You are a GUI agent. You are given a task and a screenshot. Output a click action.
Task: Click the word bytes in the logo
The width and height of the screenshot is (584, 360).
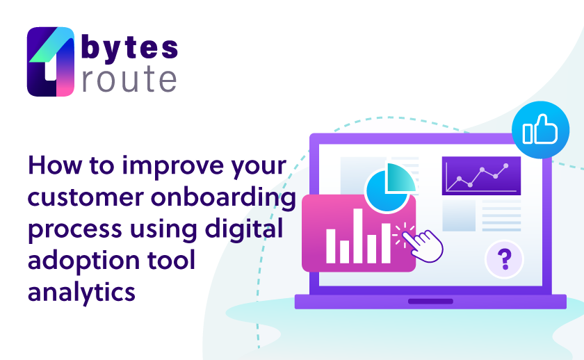click(x=129, y=49)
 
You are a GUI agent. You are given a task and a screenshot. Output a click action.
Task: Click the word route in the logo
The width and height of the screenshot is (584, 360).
click(x=129, y=79)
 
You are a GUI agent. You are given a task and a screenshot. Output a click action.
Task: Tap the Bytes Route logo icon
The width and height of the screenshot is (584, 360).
click(x=51, y=61)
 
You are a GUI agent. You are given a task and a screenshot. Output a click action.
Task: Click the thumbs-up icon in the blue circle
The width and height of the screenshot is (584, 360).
click(x=540, y=129)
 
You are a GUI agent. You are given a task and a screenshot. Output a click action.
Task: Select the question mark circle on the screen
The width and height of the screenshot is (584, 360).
click(x=505, y=259)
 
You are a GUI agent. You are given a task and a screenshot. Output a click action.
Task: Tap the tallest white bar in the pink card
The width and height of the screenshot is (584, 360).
click(x=358, y=236)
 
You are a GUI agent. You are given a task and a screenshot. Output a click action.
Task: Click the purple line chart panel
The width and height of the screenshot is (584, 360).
click(x=481, y=176)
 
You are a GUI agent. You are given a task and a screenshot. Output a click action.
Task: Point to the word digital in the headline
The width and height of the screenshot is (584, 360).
click(x=244, y=229)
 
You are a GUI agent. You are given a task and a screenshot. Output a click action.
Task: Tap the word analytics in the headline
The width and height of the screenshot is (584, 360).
click(x=81, y=293)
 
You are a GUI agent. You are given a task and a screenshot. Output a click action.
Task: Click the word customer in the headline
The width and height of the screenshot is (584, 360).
click(x=86, y=198)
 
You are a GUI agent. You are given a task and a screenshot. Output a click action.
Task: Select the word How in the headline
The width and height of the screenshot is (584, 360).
click(x=55, y=165)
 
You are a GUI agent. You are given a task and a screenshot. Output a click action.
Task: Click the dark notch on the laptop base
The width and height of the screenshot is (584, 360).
click(x=430, y=301)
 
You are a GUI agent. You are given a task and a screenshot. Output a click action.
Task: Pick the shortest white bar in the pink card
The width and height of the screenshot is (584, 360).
click(x=344, y=252)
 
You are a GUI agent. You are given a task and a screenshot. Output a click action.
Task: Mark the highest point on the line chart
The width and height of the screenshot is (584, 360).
click(x=506, y=165)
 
